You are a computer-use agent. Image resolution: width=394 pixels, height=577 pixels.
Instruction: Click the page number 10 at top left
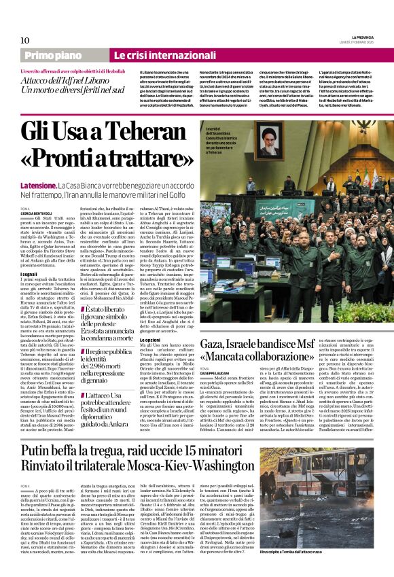point(24,40)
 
